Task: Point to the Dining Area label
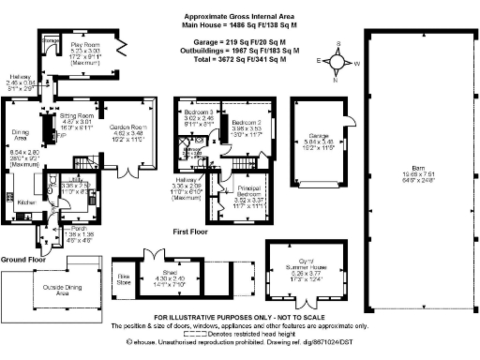coord(20,137)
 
